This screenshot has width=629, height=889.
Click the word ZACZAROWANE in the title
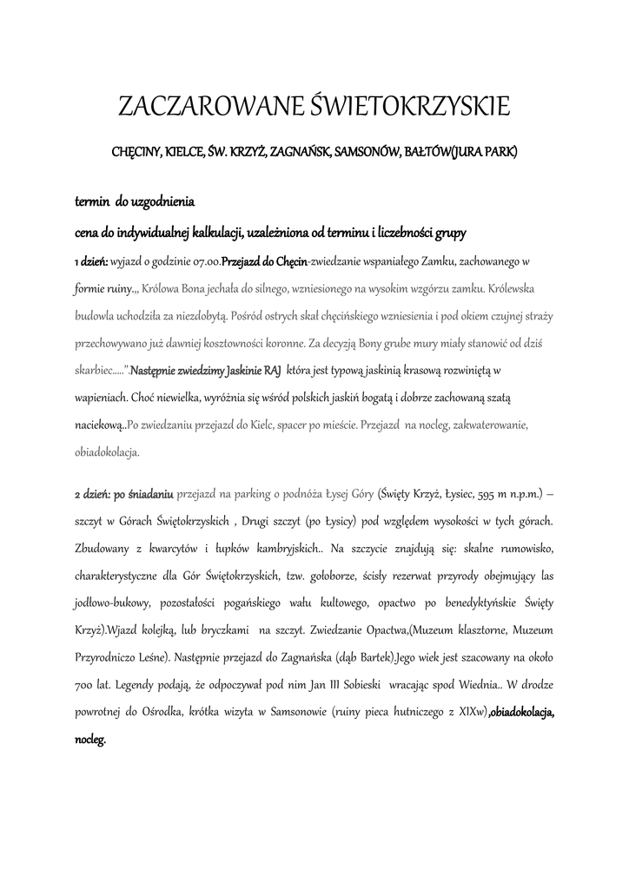(x=209, y=108)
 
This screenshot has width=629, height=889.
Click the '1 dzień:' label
(x=90, y=260)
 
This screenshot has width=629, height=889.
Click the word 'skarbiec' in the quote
(x=94, y=370)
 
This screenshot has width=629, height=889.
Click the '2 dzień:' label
(x=90, y=495)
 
